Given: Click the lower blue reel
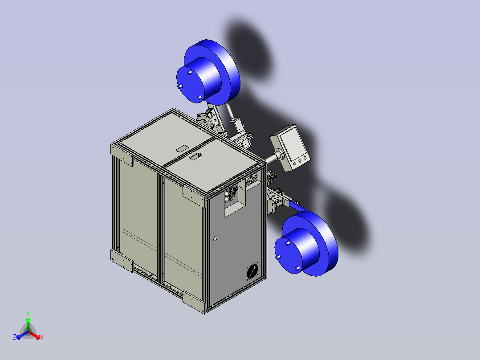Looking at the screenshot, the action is [x=306, y=244].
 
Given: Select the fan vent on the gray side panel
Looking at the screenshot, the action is [x=252, y=271].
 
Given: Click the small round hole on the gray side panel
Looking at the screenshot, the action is [x=215, y=238].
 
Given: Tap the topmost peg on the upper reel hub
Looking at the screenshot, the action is [x=190, y=72].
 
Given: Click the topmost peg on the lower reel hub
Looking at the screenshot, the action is [x=288, y=243].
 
